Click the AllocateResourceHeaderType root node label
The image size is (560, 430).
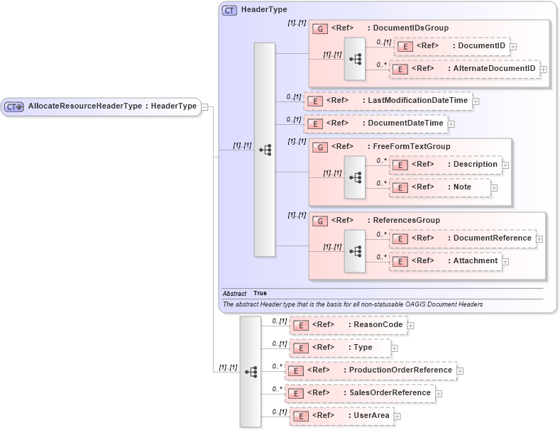pyautogui.click(x=111, y=106)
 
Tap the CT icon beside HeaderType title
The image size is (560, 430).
pyautogui.click(x=230, y=10)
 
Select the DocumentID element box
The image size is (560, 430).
pyautogui.click(x=451, y=46)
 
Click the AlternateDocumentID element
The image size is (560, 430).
pyautogui.click(x=464, y=69)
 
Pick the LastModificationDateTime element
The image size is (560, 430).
pyautogui.click(x=388, y=101)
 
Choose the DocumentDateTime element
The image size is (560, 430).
pyautogui.click(x=375, y=123)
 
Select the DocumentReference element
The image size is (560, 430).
pyautogui.click(x=462, y=238)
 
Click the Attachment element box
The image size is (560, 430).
pyautogui.click(x=445, y=261)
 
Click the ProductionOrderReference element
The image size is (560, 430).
pyautogui.click(x=370, y=370)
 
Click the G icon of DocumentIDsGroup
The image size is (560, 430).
pyautogui.click(x=320, y=28)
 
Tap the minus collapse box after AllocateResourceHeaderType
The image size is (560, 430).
pyautogui.click(x=204, y=107)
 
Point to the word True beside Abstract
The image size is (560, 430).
pyautogui.click(x=260, y=293)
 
